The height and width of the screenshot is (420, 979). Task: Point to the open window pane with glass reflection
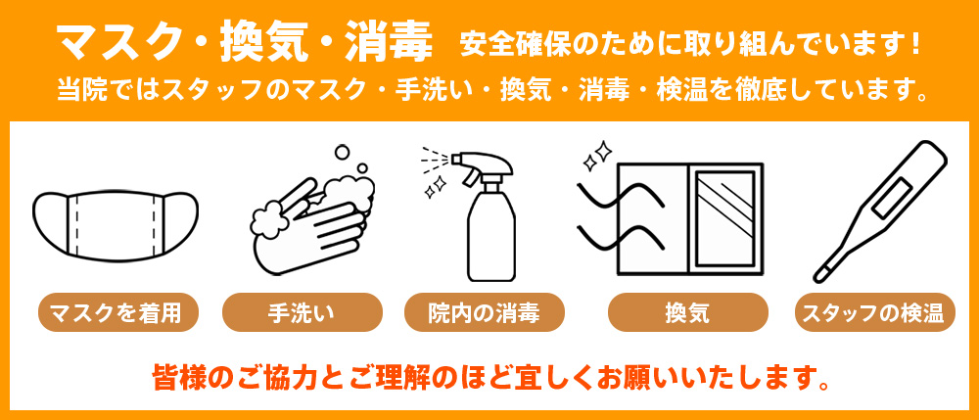724,214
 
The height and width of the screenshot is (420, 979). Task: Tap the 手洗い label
301,313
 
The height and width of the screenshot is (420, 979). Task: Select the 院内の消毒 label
485,313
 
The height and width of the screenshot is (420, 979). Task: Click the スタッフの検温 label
872,313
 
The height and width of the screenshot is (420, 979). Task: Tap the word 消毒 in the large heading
389,40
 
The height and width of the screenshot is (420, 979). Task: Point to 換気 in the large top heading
254,40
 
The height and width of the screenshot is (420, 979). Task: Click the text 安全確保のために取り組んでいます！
689,44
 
